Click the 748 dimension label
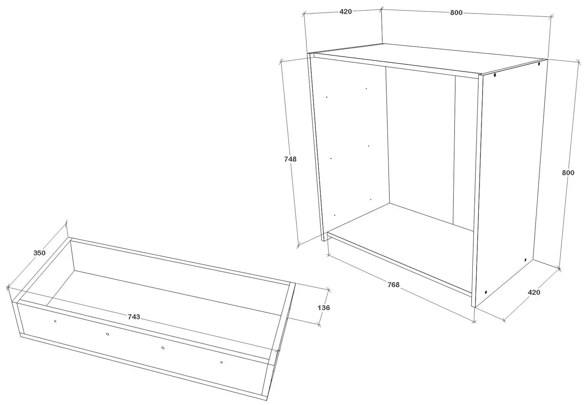290,159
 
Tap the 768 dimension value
393,285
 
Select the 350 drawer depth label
39,253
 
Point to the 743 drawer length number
134,317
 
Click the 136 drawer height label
323,307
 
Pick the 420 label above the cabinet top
345,12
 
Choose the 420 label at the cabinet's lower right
534,292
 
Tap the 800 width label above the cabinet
456,13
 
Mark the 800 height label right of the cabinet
568,173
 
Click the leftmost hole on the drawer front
55,321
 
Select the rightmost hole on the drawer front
221,362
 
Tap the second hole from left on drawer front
107,334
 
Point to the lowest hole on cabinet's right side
486,292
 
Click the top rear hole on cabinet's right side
539,64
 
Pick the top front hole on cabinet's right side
495,75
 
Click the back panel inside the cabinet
419,142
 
